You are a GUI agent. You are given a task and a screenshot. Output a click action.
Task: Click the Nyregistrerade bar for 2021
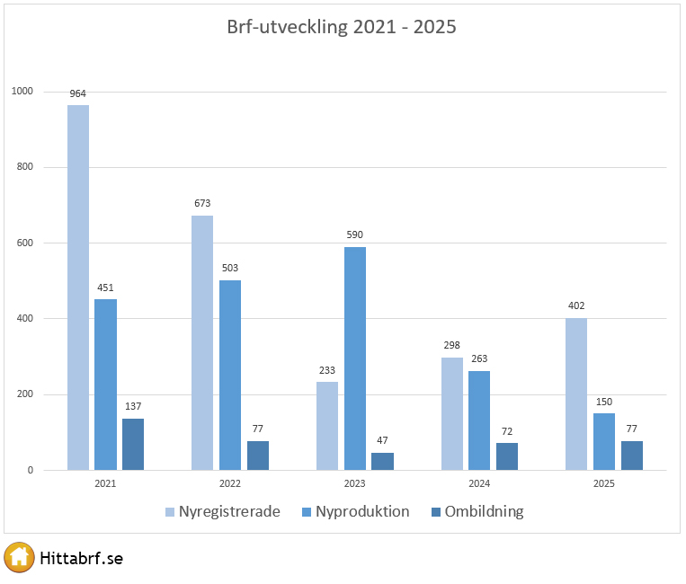[78, 288]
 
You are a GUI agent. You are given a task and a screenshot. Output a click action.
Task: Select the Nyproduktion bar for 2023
[355, 358]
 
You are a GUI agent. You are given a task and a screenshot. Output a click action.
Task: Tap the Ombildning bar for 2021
[133, 444]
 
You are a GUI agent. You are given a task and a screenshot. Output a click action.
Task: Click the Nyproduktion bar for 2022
[230, 375]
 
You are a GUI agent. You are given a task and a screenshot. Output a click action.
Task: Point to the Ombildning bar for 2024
[507, 456]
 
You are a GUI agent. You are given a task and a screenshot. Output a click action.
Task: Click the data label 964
[78, 93]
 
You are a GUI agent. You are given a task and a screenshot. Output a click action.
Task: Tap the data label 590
[355, 235]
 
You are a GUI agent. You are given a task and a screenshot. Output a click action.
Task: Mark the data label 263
[479, 358]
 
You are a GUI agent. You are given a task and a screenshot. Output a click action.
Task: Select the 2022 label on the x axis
[230, 483]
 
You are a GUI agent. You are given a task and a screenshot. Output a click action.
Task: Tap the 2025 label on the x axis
[604, 483]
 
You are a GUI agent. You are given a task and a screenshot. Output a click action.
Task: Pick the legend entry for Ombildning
[477, 512]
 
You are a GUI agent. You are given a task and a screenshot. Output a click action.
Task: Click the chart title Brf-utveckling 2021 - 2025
[342, 27]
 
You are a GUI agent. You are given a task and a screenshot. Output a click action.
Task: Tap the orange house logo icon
[19, 558]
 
